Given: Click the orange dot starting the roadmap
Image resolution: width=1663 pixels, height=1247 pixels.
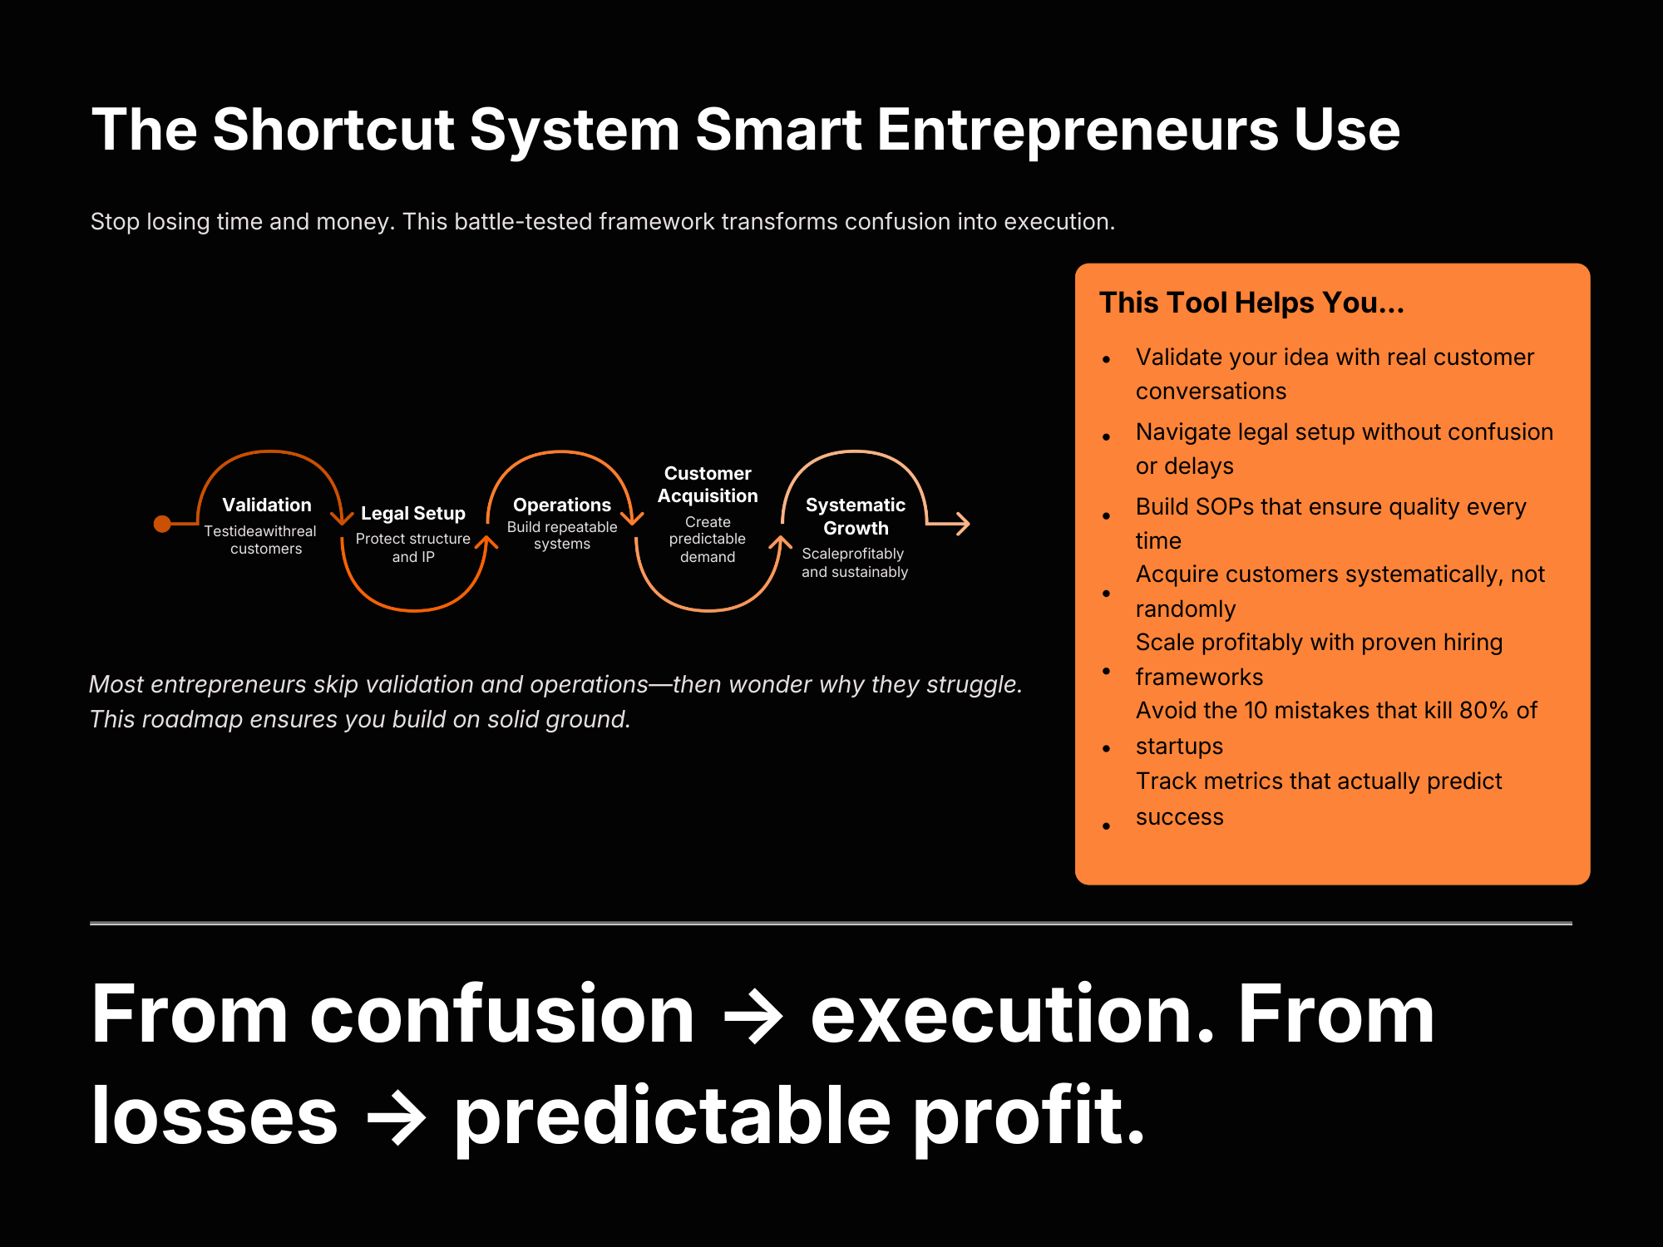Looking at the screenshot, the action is pyautogui.click(x=163, y=524).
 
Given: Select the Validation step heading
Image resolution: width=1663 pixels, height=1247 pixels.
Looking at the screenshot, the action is pyautogui.click(x=267, y=505).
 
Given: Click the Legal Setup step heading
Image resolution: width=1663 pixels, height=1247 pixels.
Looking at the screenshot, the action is pyautogui.click(x=413, y=514).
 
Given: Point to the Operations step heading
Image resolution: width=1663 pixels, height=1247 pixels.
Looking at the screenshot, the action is pyautogui.click(x=562, y=505).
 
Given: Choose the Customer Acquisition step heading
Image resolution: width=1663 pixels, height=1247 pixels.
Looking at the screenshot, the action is pyautogui.click(x=708, y=485).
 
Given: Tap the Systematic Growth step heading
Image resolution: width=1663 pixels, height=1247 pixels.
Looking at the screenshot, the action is pyautogui.click(x=856, y=516).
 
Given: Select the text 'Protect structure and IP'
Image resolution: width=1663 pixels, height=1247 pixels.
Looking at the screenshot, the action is pyautogui.click(x=413, y=548).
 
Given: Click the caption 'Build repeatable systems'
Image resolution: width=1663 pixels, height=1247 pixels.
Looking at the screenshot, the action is pyautogui.click(x=562, y=535).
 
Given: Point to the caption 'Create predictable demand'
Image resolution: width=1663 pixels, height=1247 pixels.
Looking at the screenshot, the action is pyautogui.click(x=708, y=540).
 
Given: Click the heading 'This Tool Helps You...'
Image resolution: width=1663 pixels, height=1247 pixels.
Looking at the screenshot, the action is pyautogui.click(x=1251, y=303).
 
